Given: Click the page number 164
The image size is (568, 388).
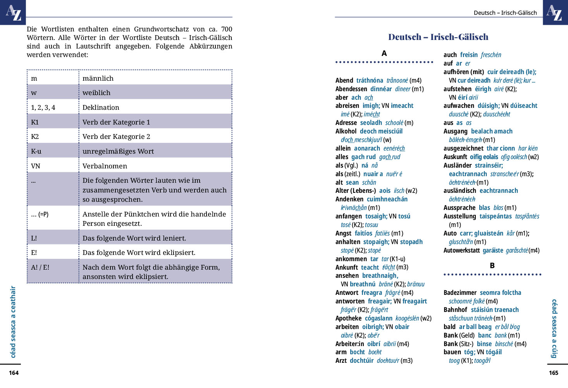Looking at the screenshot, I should (14, 373).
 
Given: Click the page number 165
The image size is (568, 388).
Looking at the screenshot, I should (553, 373).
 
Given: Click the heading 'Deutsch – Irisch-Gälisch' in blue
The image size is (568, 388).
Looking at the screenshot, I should (438, 37).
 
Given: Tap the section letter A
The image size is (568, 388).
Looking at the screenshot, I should (384, 54).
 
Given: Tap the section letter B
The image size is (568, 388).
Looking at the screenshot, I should (492, 266).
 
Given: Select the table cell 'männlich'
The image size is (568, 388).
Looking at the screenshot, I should (98, 78).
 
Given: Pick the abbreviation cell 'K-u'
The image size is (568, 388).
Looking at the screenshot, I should (36, 151).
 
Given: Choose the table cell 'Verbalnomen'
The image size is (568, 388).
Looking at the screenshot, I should (105, 166).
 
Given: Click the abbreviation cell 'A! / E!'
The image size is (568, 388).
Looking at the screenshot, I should (40, 267).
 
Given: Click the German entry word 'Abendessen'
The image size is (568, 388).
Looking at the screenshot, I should (351, 89).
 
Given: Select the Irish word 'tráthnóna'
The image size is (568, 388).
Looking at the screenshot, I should (370, 80).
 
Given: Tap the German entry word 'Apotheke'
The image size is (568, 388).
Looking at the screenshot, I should (348, 318).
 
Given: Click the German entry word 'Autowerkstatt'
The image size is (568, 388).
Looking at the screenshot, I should (461, 250).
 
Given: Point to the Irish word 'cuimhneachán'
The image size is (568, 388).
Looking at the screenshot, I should (387, 199).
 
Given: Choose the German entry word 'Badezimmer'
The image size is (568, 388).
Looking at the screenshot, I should (460, 293).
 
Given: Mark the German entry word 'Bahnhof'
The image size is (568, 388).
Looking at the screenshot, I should (455, 310).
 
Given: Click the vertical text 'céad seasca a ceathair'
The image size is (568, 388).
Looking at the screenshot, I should (13, 322).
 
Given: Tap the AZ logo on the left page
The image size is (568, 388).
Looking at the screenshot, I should (13, 12).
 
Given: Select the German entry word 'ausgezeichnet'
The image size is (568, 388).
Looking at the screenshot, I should (463, 148).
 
